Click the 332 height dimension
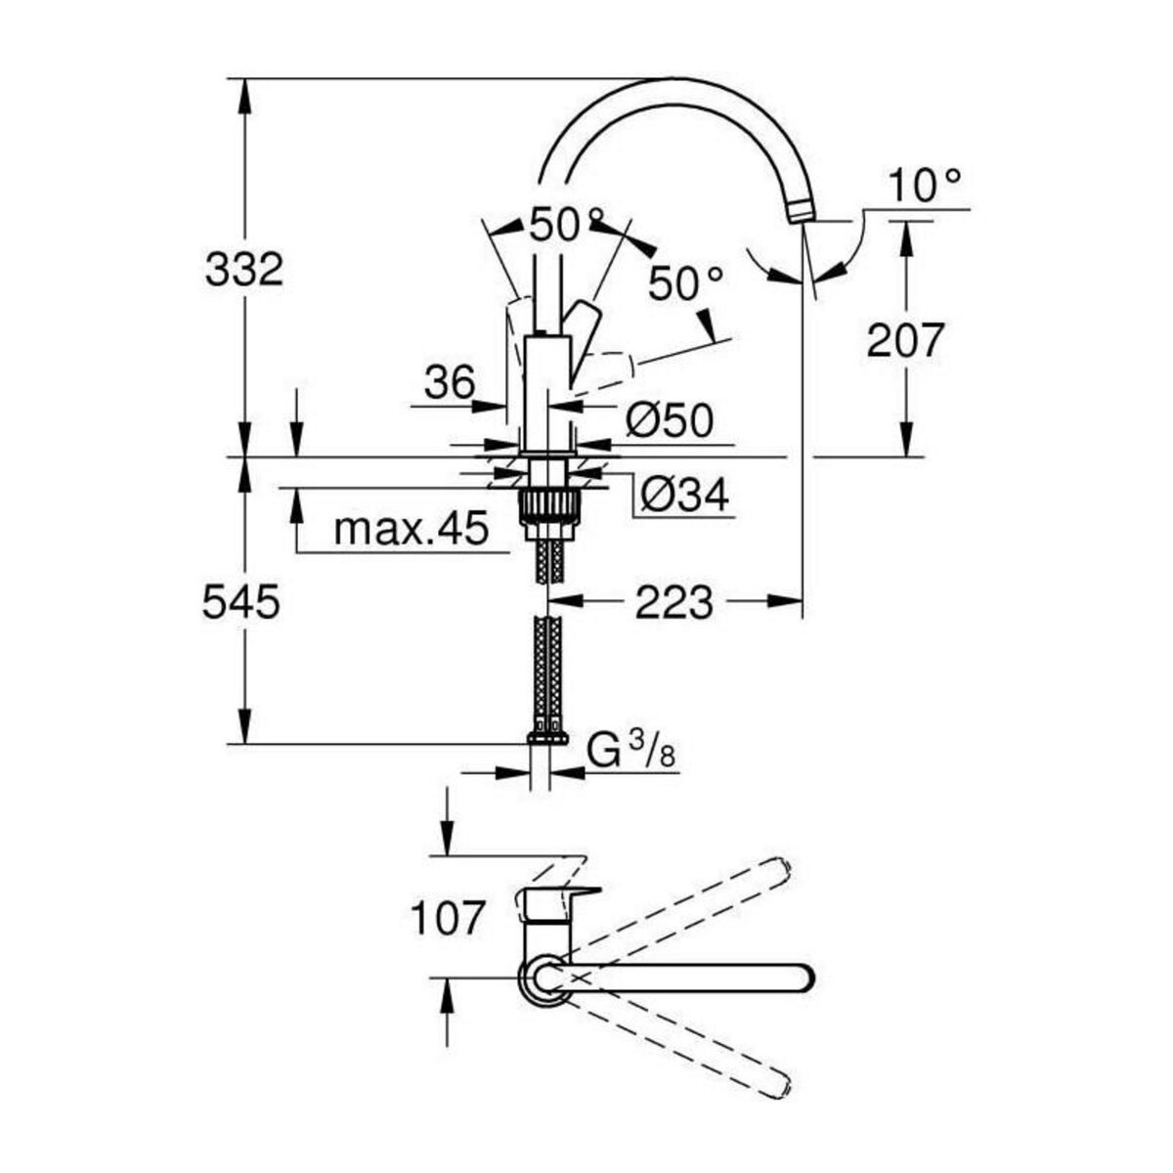pyautogui.click(x=243, y=269)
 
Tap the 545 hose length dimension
pyautogui.click(x=240, y=603)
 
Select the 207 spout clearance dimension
pyautogui.click(x=906, y=340)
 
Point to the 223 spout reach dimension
pyautogui.click(x=673, y=603)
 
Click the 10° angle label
pyautogui.click(x=925, y=185)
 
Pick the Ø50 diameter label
pyautogui.click(x=669, y=421)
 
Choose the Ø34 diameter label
pyautogui.click(x=684, y=496)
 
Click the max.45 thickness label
pyautogui.click(x=410, y=530)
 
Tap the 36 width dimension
pyautogui.click(x=449, y=382)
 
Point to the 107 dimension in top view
pyautogui.click(x=447, y=919)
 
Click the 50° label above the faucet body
pyautogui.click(x=566, y=227)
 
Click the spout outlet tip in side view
pyautogui.click(x=799, y=211)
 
